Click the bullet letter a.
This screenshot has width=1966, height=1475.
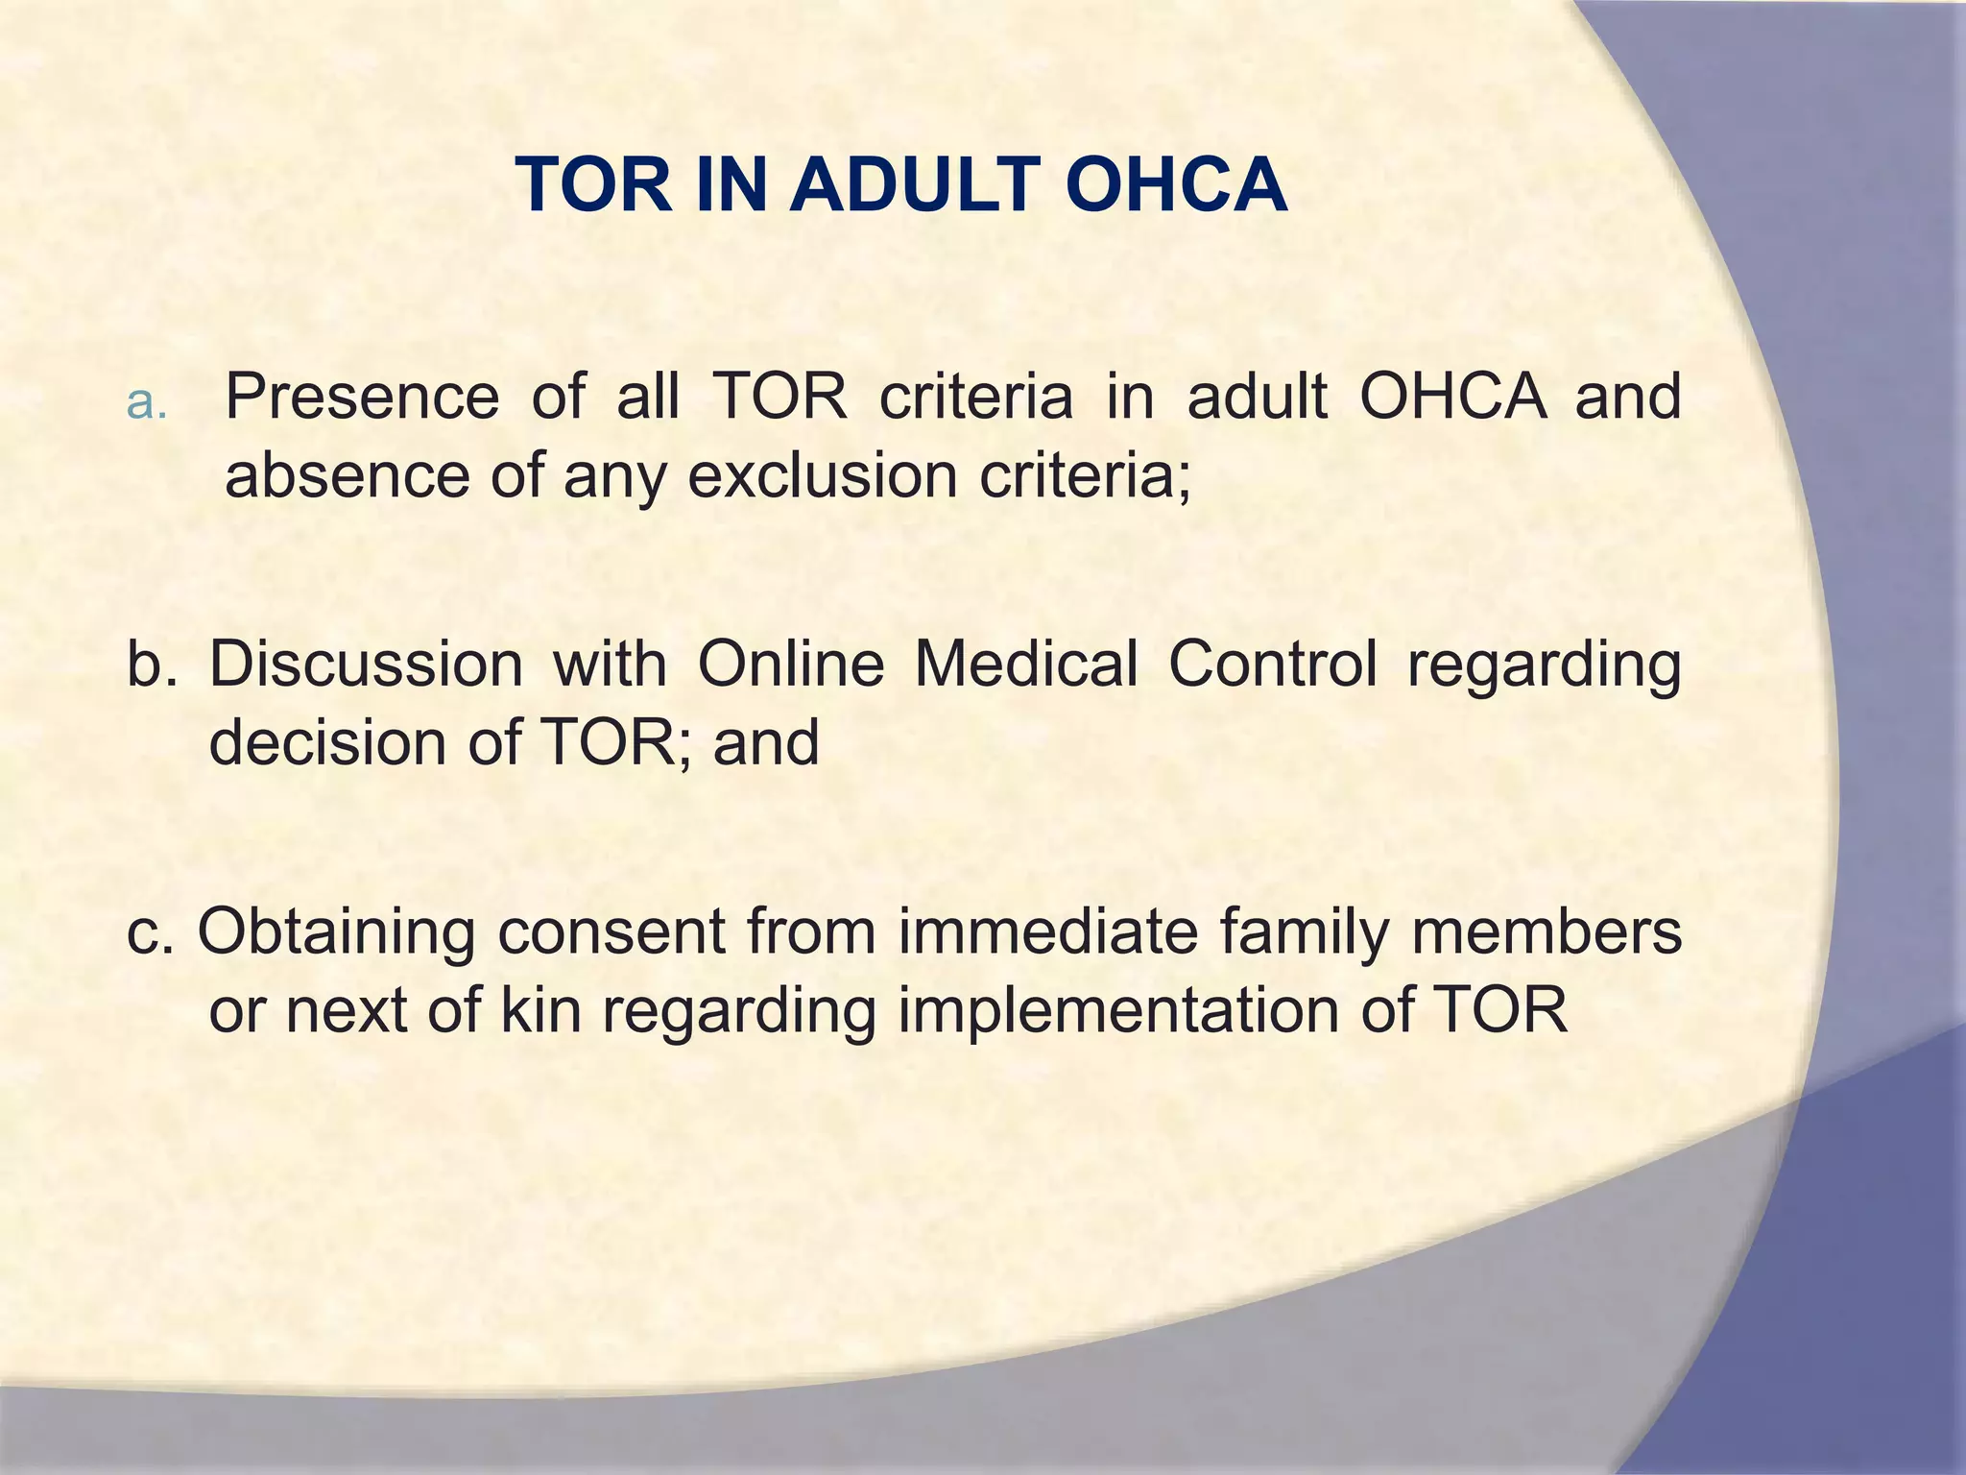pyautogui.click(x=146, y=403)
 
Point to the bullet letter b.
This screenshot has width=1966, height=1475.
pyautogui.click(x=152, y=665)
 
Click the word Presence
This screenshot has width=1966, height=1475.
pyautogui.click(x=362, y=397)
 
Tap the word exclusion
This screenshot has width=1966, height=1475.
pyautogui.click(x=822, y=477)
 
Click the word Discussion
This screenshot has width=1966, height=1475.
pyautogui.click(x=366, y=664)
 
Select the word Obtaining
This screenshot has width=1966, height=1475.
pyautogui.click(x=336, y=933)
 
